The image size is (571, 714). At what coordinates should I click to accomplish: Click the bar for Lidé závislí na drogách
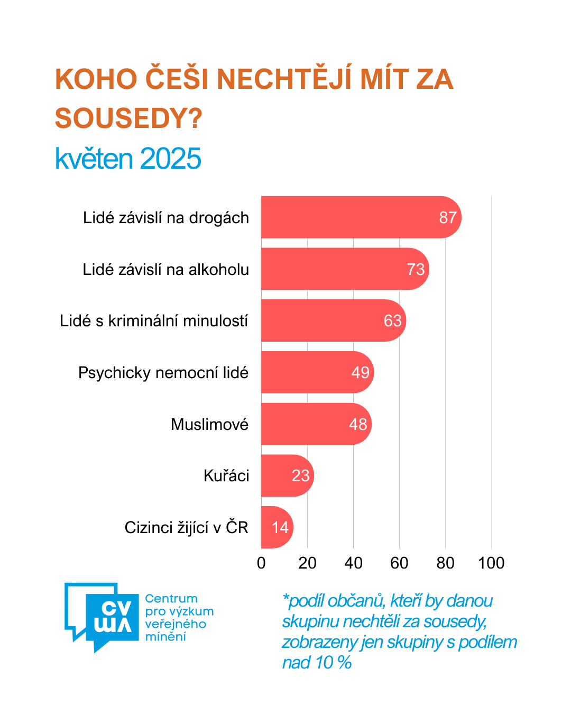tap(360, 217)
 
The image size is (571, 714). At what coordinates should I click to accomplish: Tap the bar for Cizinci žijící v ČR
tap(276, 527)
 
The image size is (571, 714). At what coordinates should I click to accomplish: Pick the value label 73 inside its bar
tap(416, 269)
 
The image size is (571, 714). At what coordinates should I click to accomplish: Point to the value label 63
tap(393, 321)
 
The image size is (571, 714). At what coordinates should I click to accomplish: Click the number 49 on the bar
tap(361, 372)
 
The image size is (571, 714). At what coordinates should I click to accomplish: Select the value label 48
tap(358, 424)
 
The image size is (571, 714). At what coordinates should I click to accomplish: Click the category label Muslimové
tap(209, 424)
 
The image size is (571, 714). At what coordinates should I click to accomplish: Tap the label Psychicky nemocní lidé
tap(163, 373)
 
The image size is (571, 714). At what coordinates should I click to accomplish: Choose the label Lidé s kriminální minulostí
tap(154, 321)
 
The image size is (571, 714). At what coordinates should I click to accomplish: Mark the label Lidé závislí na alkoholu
tap(165, 270)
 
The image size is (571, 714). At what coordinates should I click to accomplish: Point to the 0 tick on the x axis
tap(261, 563)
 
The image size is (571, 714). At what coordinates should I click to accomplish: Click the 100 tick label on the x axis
tap(491, 563)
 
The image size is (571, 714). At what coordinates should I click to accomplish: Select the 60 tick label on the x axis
tap(399, 563)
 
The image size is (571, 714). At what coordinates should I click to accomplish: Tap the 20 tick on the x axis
tap(307, 563)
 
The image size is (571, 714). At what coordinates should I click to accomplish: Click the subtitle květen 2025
tap(128, 159)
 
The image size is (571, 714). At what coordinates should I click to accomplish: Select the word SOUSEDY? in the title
tap(128, 118)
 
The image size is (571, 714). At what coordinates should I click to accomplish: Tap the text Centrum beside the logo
tap(171, 599)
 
